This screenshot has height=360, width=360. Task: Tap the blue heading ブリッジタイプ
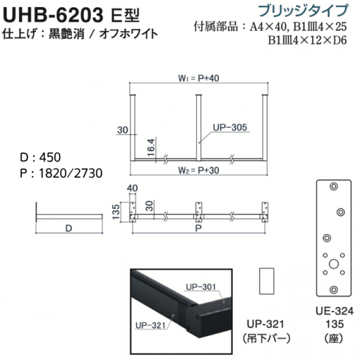click(x=303, y=10)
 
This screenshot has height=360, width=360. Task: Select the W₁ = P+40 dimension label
click(x=199, y=79)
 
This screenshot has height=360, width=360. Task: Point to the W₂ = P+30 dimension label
click(x=199, y=170)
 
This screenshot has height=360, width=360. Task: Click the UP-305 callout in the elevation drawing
click(x=230, y=128)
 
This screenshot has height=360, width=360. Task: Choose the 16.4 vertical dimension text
click(x=152, y=147)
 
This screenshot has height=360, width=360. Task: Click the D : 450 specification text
click(x=41, y=158)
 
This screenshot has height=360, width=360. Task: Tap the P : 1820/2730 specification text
click(x=61, y=173)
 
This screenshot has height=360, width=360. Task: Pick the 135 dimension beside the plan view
click(x=116, y=211)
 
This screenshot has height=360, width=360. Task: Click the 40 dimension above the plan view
click(x=132, y=189)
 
